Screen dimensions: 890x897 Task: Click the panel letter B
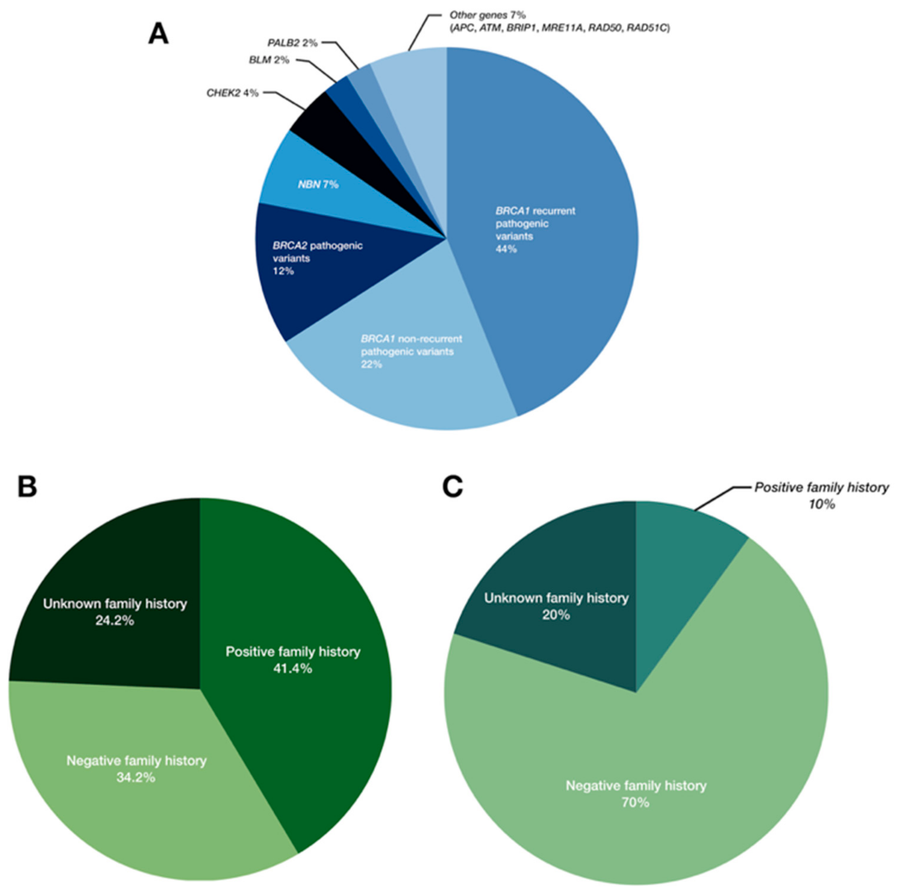point(27,488)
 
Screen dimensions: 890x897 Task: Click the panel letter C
point(452,488)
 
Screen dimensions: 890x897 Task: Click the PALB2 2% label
point(292,43)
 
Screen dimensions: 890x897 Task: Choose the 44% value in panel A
point(506,249)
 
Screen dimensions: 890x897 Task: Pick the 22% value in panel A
point(371,364)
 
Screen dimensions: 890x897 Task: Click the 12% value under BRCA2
point(283,271)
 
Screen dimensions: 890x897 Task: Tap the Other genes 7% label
point(487,16)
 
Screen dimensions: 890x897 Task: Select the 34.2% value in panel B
point(136,778)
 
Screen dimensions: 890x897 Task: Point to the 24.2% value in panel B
point(115,621)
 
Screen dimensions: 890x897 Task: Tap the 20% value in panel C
point(556,615)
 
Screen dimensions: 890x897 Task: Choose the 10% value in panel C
point(822,504)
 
